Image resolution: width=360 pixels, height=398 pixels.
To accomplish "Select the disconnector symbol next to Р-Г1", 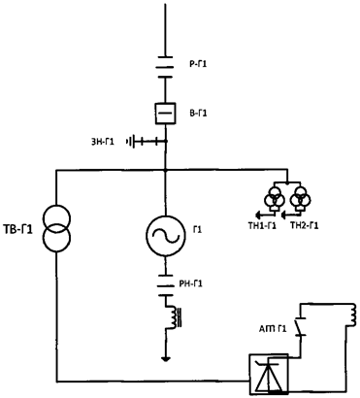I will pyautogui.click(x=166, y=63).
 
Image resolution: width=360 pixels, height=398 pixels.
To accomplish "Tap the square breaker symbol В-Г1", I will pyautogui.click(x=166, y=114).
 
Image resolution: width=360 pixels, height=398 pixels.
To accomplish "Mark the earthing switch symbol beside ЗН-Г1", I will pyautogui.click(x=144, y=143).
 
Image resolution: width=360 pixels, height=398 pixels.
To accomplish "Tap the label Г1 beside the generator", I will pyautogui.click(x=198, y=230).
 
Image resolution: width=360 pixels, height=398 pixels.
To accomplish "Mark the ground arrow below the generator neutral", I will pyautogui.click(x=166, y=357).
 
